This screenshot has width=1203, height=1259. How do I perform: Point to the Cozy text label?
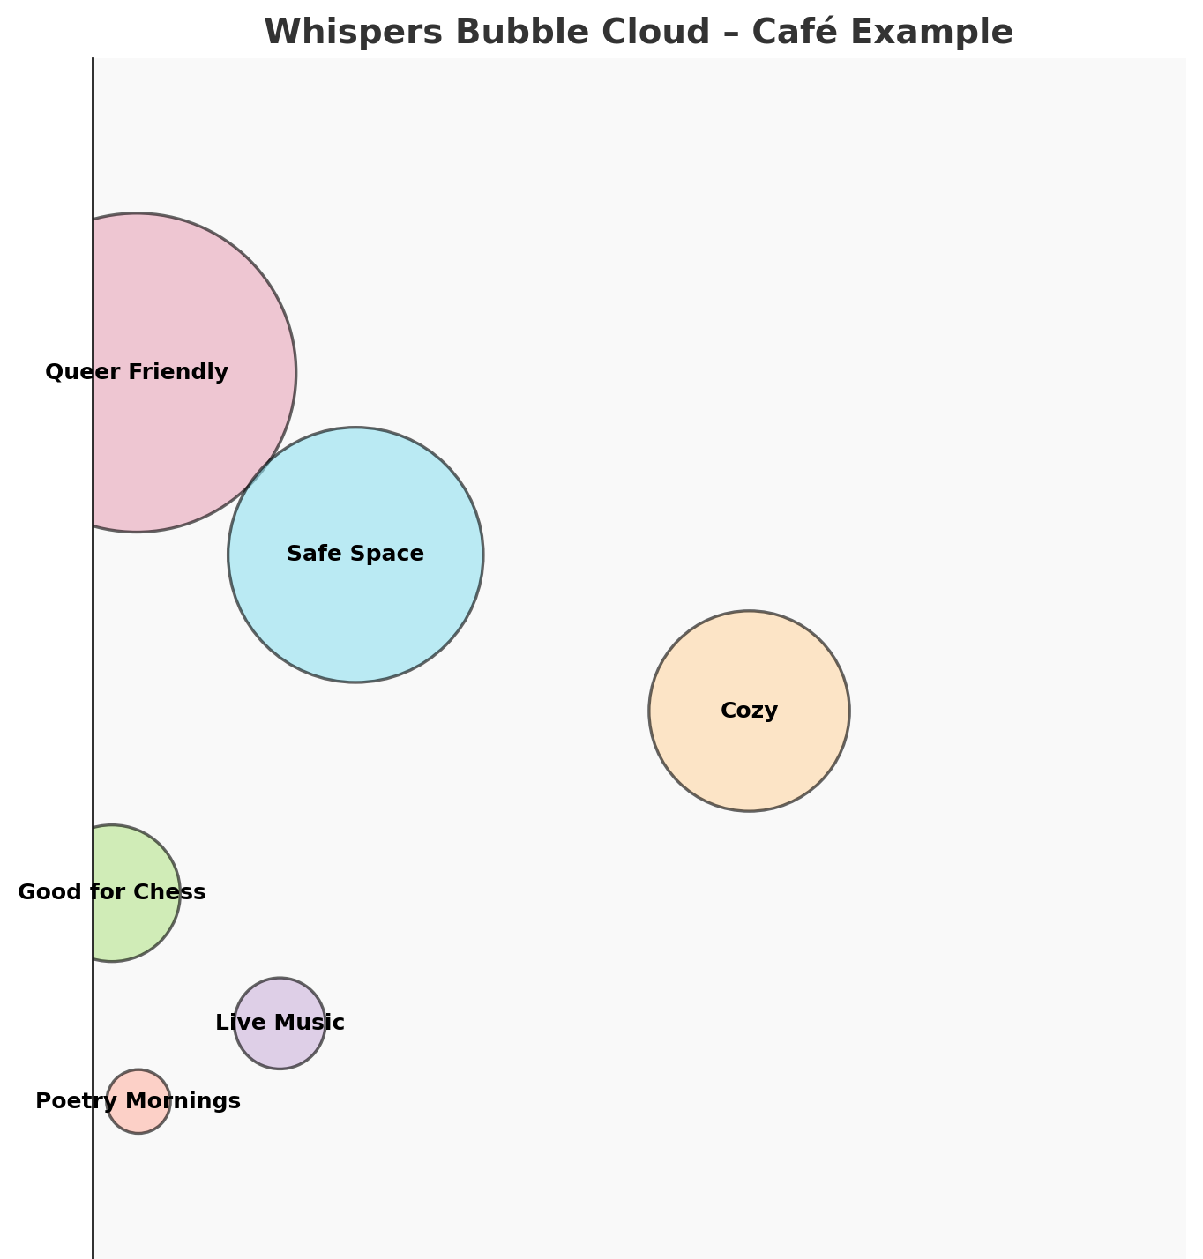[x=749, y=711]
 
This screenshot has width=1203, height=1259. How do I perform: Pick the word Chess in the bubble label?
[x=173, y=892]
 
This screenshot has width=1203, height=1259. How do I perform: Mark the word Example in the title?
[x=933, y=33]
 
